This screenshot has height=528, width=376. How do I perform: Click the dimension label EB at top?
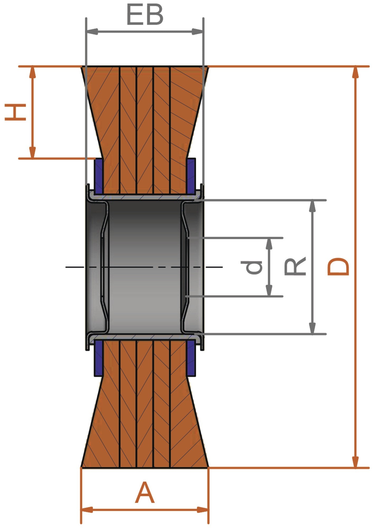(145, 15)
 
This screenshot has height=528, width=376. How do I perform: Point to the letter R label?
(295, 266)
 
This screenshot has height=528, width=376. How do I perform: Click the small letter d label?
(252, 267)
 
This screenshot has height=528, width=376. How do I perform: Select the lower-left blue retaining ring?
(99, 358)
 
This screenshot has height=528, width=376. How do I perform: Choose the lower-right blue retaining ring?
(191, 358)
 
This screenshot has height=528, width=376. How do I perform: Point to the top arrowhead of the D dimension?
(356, 72)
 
